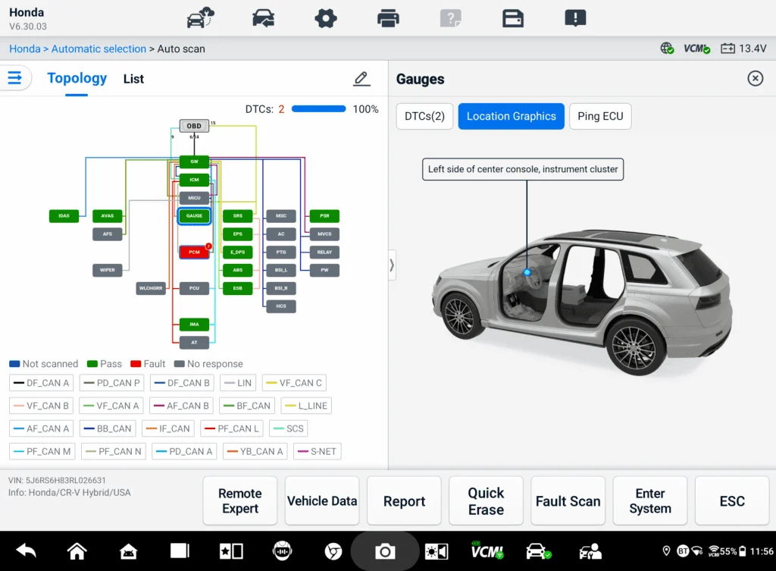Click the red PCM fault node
[194, 253]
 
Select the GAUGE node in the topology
[194, 216]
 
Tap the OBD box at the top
[194, 126]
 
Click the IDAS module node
[64, 216]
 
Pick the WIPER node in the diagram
[108, 270]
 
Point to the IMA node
[194, 325]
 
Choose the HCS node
[281, 306]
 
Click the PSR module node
[324, 216]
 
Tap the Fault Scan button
[568, 501]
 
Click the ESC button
[731, 501]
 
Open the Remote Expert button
[240, 501]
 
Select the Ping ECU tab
[600, 116]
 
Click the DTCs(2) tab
[424, 116]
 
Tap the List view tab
[133, 79]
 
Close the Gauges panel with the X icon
[755, 79]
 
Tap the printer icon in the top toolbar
[388, 17]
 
